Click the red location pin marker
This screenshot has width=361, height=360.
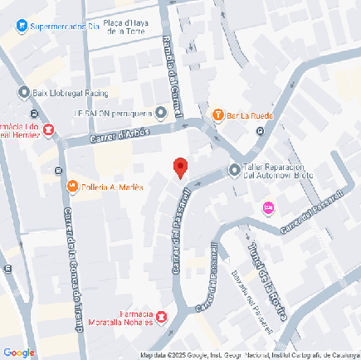(x=179, y=167)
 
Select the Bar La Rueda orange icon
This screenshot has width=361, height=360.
(x=218, y=114)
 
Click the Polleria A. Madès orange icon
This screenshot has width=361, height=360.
(x=72, y=187)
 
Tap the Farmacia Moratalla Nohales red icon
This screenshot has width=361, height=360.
(x=161, y=316)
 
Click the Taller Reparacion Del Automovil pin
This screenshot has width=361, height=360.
(x=233, y=169)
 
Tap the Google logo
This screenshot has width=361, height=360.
(x=18, y=352)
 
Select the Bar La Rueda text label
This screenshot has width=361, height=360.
(x=250, y=115)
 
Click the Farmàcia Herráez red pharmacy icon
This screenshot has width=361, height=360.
(x=48, y=129)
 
